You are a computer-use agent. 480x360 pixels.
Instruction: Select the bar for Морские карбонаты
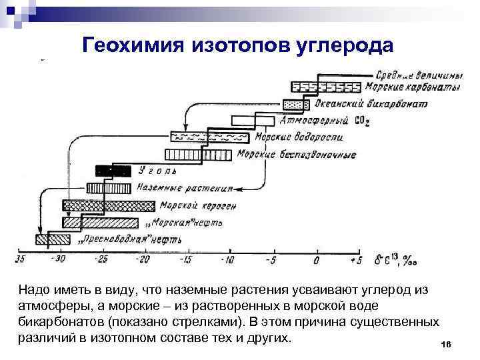327,87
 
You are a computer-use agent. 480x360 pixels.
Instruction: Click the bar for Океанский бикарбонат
293,104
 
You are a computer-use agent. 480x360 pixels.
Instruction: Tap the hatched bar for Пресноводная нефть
53,238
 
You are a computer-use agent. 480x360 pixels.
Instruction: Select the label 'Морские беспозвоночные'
297,155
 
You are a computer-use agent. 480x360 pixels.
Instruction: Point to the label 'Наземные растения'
186,188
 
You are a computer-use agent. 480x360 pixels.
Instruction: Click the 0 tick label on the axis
316,259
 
